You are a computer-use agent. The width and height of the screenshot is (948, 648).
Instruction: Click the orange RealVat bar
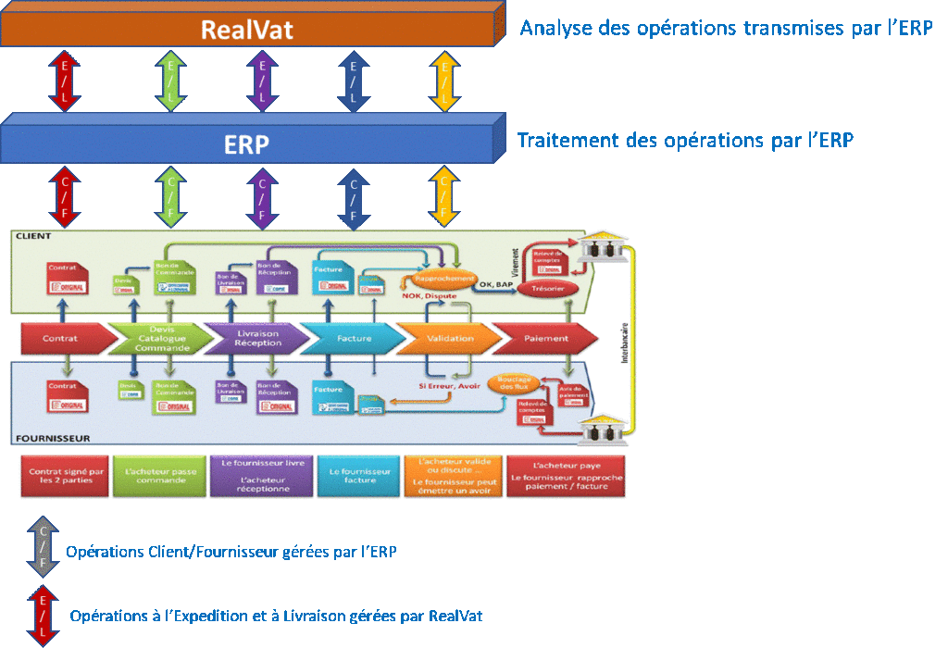[x=248, y=29]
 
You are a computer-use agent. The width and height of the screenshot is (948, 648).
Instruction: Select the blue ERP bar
[x=248, y=143]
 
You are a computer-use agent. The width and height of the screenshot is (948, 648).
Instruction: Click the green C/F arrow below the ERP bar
[x=170, y=197]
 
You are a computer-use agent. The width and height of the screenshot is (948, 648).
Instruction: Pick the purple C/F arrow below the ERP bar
[x=262, y=197]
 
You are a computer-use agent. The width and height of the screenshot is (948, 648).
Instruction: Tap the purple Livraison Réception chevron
[x=250, y=339]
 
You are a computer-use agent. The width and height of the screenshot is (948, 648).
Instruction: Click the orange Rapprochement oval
[x=438, y=277]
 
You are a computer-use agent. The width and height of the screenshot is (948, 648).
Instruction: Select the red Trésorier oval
[x=548, y=289]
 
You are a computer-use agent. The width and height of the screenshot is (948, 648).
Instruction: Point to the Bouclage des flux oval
[x=512, y=384]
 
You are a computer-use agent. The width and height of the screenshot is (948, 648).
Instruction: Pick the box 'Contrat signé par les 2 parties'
[x=65, y=475]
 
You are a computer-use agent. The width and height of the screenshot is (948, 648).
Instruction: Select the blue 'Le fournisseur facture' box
[x=359, y=475]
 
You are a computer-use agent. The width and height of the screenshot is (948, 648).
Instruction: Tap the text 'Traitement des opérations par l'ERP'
[x=685, y=141]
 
